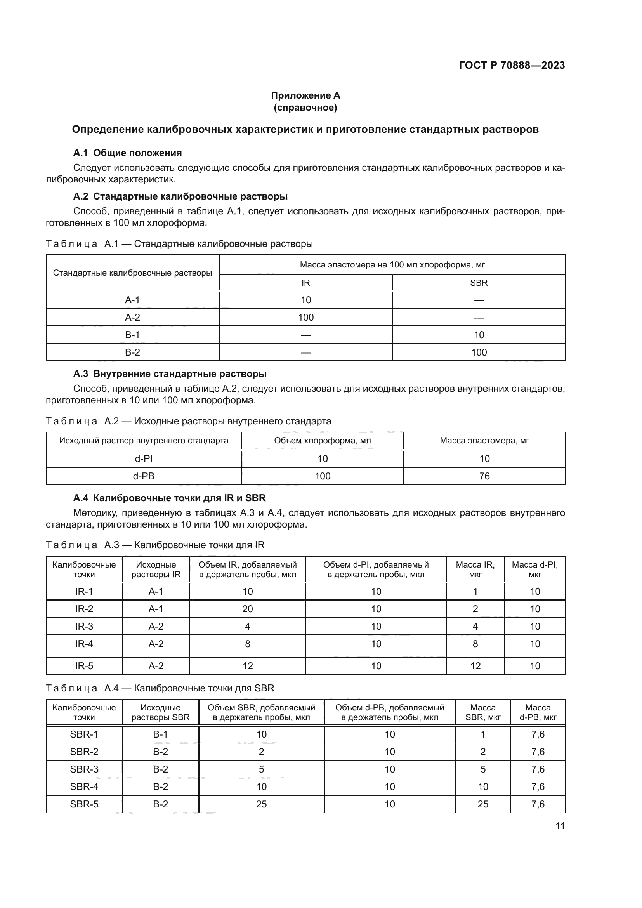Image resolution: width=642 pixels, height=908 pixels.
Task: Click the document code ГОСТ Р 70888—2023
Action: [x=512, y=65]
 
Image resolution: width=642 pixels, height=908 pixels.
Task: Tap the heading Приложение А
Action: [x=305, y=95]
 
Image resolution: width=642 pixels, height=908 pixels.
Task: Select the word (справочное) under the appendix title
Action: [x=305, y=108]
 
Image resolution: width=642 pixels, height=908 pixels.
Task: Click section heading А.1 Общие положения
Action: [x=127, y=153]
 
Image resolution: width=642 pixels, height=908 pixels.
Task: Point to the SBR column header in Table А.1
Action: [x=479, y=283]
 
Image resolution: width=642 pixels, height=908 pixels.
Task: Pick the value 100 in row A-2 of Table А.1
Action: [x=305, y=318]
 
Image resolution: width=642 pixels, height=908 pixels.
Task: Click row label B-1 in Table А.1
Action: [x=132, y=335]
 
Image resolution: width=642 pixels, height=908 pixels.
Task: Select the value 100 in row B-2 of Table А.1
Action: [x=479, y=352]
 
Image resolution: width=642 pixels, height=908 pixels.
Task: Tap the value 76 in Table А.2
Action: [x=484, y=476]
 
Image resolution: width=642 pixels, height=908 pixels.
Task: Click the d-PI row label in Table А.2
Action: [x=144, y=459]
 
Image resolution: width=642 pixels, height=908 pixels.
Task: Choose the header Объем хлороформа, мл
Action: [x=322, y=441]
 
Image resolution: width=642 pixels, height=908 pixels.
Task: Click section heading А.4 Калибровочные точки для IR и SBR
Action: [x=169, y=498]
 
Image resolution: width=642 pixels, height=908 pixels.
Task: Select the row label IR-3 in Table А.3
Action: [x=84, y=627]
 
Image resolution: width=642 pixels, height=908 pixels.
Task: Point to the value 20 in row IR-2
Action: [x=248, y=609]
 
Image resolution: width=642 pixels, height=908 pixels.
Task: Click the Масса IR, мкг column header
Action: [x=475, y=569]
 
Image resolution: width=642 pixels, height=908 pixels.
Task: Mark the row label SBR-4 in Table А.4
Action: [x=84, y=786]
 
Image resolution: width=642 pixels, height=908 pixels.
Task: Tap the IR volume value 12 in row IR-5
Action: [x=248, y=666]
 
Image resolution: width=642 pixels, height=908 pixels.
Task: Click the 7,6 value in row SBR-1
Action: [x=538, y=734]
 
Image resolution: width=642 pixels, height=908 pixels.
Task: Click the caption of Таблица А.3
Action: [x=155, y=545]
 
